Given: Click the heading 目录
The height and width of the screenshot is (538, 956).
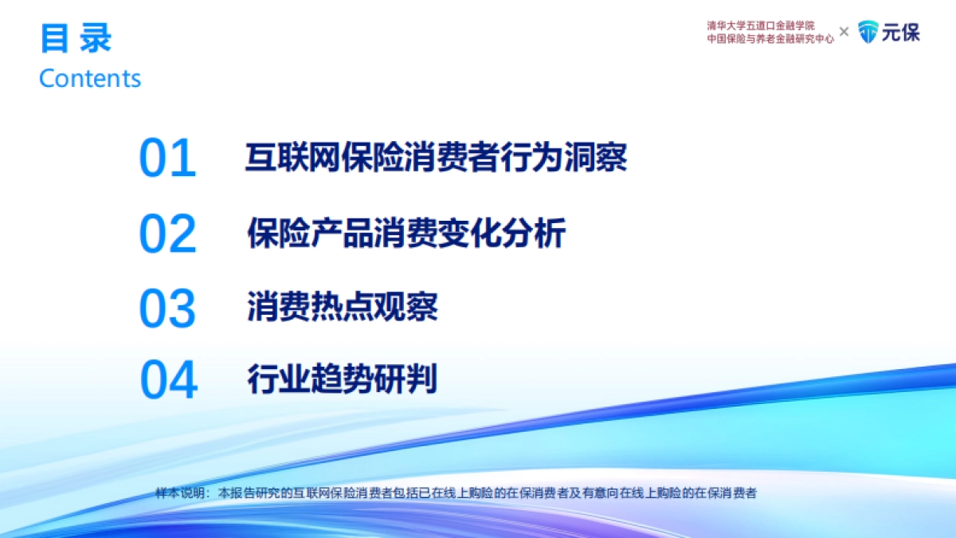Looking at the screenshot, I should pyautogui.click(x=76, y=37).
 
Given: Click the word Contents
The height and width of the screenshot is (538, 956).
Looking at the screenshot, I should pyautogui.click(x=90, y=78).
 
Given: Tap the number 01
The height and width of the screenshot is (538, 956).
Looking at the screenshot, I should pyautogui.click(x=167, y=159).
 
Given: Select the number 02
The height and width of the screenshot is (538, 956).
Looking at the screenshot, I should pyautogui.click(x=167, y=234).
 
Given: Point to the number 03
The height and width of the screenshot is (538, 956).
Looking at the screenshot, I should pyautogui.click(x=167, y=309).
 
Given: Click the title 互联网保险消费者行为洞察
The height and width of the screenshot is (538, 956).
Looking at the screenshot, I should pyautogui.click(x=436, y=157).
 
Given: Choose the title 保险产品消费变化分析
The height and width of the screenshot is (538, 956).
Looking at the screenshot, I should pyautogui.click(x=406, y=233).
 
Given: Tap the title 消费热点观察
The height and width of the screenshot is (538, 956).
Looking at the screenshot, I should pyautogui.click(x=343, y=307).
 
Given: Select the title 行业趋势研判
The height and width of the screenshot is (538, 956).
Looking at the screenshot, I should pyautogui.click(x=343, y=379).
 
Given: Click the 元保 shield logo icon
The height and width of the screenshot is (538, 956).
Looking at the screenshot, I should pyautogui.click(x=868, y=33).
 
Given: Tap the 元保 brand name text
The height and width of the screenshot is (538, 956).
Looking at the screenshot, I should pyautogui.click(x=900, y=33).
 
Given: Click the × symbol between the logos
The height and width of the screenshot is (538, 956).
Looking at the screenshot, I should pyautogui.click(x=844, y=32).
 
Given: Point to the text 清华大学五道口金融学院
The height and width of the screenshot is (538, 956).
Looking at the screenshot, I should pyautogui.click(x=761, y=26).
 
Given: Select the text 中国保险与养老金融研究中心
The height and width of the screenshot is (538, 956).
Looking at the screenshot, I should pyautogui.click(x=770, y=38).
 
